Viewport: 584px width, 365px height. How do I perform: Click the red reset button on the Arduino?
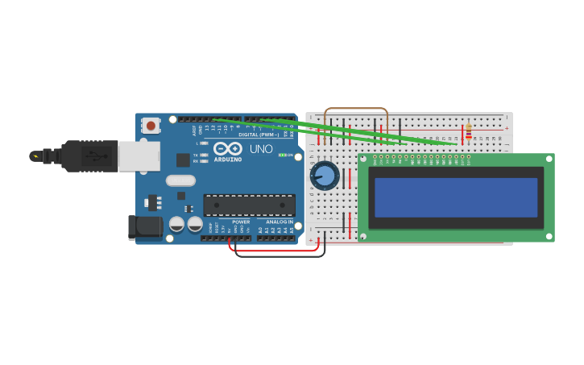point(151,125)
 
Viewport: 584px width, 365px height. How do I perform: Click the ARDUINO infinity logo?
point(228,150)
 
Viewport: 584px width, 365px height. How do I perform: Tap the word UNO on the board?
point(261,149)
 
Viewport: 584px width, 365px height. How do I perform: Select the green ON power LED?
point(282,155)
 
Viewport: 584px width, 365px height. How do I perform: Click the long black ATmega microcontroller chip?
point(249,205)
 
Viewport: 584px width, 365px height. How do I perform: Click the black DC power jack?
point(145,227)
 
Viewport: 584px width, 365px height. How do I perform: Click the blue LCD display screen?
point(456,197)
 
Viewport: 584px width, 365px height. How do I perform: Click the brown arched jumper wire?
point(355,109)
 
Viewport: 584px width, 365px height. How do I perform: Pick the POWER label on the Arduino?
point(241,222)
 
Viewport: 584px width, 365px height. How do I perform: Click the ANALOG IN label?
point(280,222)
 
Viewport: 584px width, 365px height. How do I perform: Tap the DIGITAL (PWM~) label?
point(258,135)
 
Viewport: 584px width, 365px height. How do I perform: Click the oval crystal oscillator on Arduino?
point(181,180)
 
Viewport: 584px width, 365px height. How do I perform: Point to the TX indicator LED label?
point(196,155)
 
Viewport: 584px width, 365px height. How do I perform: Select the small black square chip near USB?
point(183,160)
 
